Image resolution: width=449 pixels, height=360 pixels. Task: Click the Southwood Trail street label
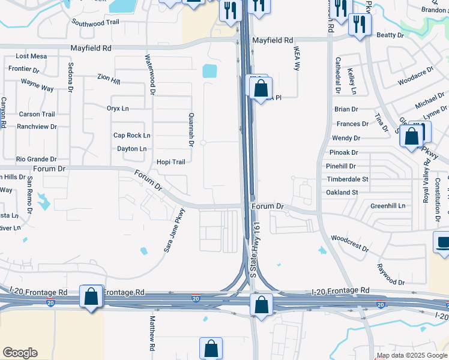(x=95, y=22)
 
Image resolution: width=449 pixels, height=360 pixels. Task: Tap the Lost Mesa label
(x=31, y=56)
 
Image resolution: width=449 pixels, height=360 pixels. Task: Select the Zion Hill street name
(x=109, y=78)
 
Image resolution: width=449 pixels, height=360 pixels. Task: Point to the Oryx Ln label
(x=118, y=109)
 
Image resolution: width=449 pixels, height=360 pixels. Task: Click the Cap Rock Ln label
(x=131, y=136)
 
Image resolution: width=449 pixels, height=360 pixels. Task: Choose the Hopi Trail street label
(x=170, y=162)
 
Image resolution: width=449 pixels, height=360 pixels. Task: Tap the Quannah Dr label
(x=191, y=130)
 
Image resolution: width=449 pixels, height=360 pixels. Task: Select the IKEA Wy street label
(x=297, y=58)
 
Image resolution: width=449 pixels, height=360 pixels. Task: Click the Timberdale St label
(x=347, y=179)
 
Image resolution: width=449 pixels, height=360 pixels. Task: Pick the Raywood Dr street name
(x=391, y=274)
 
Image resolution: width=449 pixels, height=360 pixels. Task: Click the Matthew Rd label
(x=152, y=334)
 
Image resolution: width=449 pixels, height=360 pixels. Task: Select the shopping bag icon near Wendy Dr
(x=412, y=136)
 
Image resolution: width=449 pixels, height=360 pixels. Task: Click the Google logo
(x=20, y=353)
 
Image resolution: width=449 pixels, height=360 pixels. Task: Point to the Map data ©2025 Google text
(x=412, y=355)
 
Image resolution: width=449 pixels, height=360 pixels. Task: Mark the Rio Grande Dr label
(x=36, y=160)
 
